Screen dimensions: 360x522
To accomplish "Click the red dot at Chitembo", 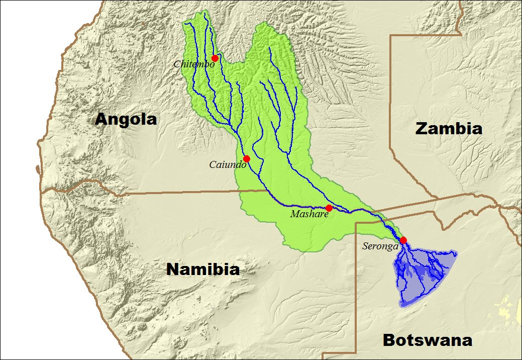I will [x=215, y=58].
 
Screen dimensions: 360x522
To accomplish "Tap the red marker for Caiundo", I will [x=246, y=159].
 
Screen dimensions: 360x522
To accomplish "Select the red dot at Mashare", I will [x=329, y=208].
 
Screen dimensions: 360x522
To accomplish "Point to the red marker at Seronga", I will [x=403, y=240].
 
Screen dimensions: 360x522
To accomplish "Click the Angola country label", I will [x=126, y=120].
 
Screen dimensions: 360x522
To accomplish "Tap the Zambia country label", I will [x=449, y=129].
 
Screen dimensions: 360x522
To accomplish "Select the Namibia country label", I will [x=202, y=269].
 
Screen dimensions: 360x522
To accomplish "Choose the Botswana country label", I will [x=427, y=340].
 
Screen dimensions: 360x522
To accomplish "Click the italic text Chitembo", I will [x=194, y=64].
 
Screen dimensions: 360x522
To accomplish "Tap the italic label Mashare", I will [x=309, y=214].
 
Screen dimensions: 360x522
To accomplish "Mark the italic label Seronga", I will [x=380, y=246].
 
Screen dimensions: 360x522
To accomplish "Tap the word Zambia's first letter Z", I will [x=422, y=129].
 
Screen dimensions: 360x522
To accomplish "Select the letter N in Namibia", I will [x=172, y=269].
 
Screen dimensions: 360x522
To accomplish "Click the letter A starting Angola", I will [x=101, y=120].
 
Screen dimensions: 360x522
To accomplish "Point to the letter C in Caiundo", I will [x=212, y=165].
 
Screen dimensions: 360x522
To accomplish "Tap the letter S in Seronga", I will [x=365, y=246].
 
